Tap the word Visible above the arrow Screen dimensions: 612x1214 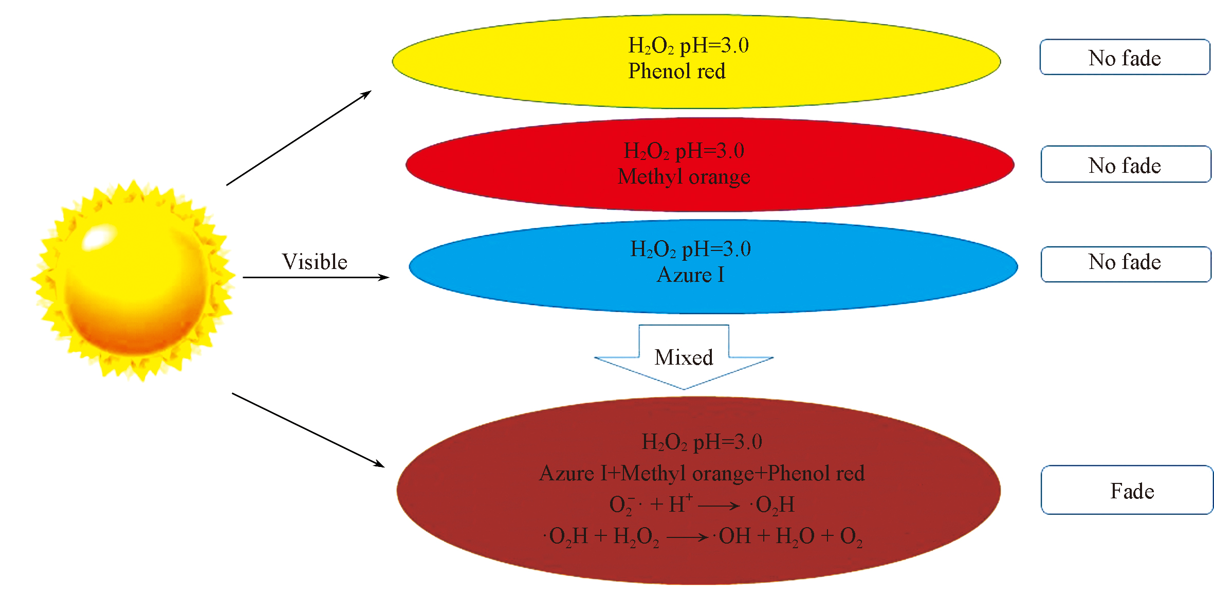315,262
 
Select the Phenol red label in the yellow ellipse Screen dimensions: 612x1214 676,71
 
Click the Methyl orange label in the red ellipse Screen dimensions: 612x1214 684,176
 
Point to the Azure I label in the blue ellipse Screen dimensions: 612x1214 690,275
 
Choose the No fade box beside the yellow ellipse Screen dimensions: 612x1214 1125,57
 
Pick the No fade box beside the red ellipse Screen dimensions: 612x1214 1126,165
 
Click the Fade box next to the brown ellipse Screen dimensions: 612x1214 1127,490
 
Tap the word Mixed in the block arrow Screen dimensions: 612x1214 684,357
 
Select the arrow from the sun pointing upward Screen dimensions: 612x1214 299,138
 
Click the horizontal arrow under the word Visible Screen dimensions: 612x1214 316,278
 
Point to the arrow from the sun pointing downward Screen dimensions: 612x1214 308,430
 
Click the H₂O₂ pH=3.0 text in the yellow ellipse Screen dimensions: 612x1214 688,46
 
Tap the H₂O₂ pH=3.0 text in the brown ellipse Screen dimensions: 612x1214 702,442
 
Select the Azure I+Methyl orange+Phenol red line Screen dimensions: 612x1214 702,473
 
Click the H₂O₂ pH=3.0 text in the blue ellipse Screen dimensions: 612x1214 690,249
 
